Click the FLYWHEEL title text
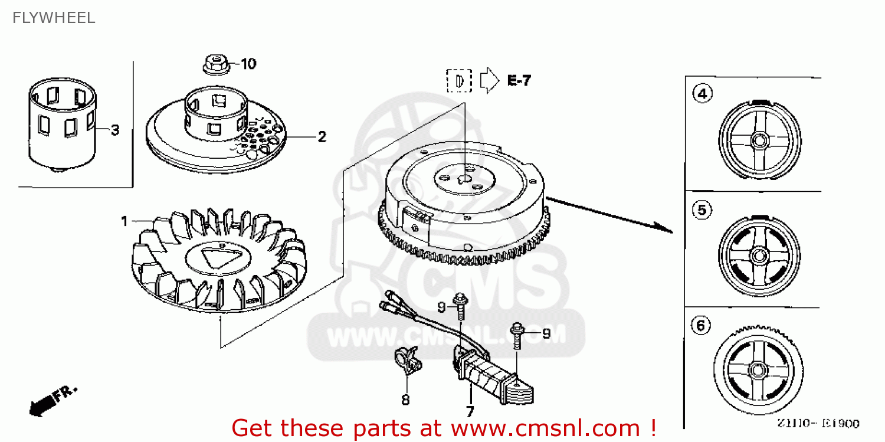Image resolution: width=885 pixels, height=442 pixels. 53,18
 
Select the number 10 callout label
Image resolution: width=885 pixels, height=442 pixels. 248,64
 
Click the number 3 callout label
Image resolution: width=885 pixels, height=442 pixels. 114,130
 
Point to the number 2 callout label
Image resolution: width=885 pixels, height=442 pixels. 322,137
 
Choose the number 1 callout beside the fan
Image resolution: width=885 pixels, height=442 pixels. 124,221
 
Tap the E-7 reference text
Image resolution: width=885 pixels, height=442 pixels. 519,81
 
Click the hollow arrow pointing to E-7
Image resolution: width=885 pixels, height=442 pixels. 489,81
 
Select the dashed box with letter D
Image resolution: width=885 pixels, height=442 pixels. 459,81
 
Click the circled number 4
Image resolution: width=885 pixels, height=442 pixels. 703,94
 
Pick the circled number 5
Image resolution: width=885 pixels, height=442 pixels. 702,210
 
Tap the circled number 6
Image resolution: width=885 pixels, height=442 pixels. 700,325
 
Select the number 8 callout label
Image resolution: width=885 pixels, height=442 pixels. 405,400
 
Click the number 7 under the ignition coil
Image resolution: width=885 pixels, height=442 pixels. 470,410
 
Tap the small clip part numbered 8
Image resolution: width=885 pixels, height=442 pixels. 407,361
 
